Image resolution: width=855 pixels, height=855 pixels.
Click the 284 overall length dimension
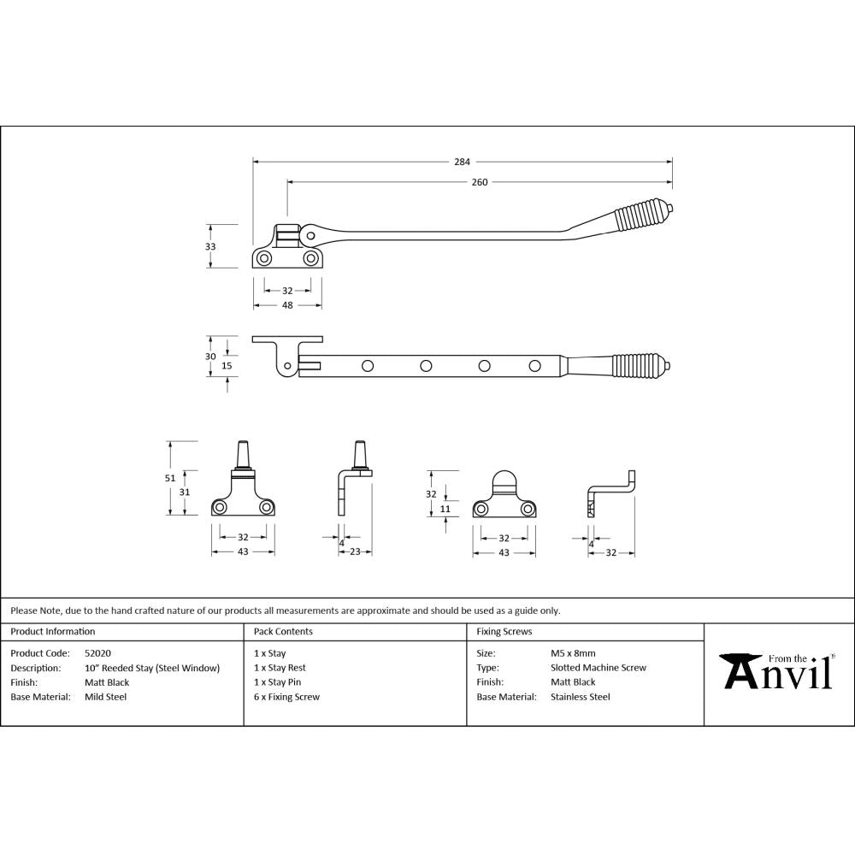(x=462, y=161)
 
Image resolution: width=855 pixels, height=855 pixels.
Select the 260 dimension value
(x=479, y=181)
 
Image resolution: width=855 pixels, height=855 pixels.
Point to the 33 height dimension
(x=210, y=246)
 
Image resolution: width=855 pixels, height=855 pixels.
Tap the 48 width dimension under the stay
(x=287, y=305)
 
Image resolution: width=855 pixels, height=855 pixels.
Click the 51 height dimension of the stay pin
(x=170, y=478)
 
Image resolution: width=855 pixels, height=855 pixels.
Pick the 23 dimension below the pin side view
(x=355, y=552)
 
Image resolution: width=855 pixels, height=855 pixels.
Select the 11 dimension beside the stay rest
(x=445, y=509)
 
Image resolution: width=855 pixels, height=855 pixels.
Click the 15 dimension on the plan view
(x=227, y=366)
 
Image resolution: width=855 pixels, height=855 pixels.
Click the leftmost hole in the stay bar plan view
(x=368, y=366)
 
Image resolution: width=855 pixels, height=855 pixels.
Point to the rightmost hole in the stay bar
(x=534, y=366)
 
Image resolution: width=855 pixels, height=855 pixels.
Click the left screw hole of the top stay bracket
(x=265, y=257)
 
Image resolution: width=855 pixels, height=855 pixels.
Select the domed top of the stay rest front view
(x=504, y=479)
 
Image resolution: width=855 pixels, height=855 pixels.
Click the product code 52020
(x=97, y=653)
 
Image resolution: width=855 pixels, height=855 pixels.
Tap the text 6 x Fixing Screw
(x=286, y=697)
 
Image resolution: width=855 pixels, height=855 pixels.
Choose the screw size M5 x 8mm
(x=573, y=653)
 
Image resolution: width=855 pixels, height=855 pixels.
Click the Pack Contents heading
(x=283, y=632)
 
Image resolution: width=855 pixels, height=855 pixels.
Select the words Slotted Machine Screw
(x=598, y=668)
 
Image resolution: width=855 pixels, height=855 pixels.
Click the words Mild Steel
(x=105, y=697)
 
